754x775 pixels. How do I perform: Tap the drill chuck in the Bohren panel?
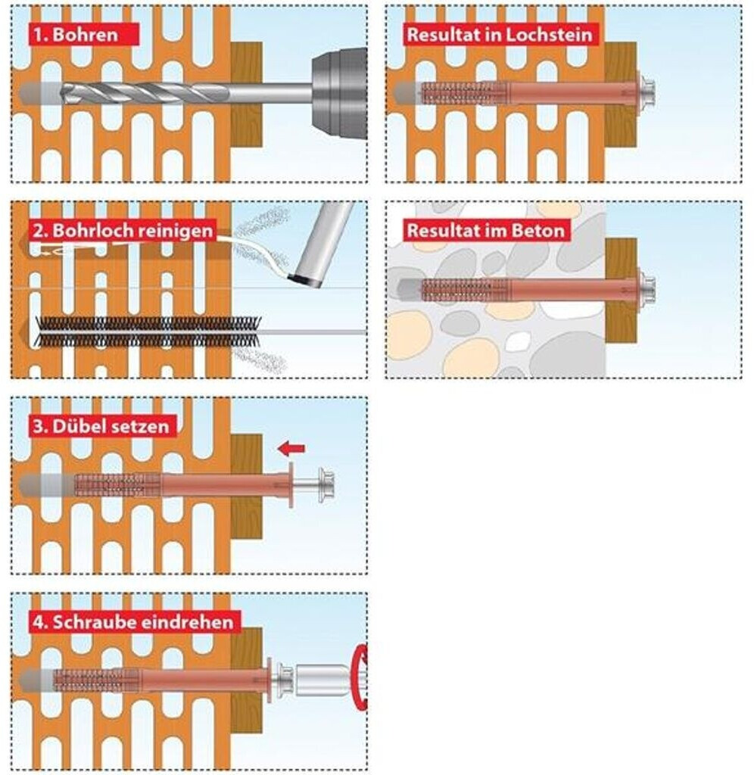pyautogui.click(x=339, y=93)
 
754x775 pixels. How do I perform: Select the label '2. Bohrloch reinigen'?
pyautogui.click(x=123, y=230)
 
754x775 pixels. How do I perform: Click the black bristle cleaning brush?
pyautogui.click(x=148, y=331)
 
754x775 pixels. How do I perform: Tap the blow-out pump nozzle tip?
pyautogui.click(x=307, y=280)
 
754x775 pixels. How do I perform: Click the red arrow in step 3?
pyautogui.click(x=291, y=449)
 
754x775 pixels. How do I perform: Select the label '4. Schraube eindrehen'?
pyautogui.click(x=133, y=622)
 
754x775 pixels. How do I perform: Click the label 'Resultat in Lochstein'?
pyautogui.click(x=500, y=35)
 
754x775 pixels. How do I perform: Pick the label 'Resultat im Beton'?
pyautogui.click(x=485, y=230)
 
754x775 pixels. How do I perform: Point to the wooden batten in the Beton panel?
pyautogui.click(x=621, y=291)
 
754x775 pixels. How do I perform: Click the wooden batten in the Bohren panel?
pyautogui.click(x=246, y=95)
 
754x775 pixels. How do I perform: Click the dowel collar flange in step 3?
pyautogui.click(x=291, y=485)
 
